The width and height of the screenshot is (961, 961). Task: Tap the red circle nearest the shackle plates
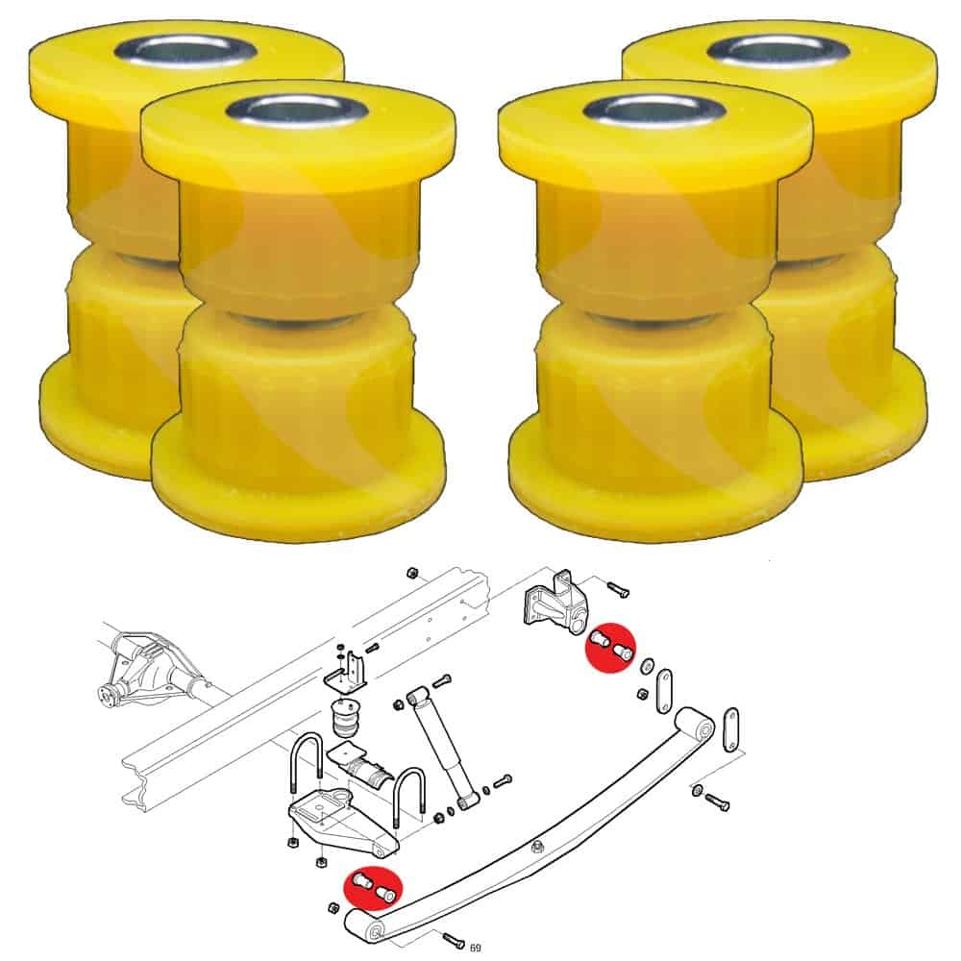(x=611, y=648)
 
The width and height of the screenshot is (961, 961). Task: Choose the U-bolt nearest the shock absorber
(x=408, y=797)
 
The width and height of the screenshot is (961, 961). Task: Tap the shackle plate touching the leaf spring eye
(x=731, y=729)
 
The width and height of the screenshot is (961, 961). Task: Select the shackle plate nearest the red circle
(x=664, y=691)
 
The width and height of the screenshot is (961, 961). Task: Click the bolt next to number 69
(x=453, y=938)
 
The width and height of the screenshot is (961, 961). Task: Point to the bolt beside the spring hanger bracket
(x=617, y=589)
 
